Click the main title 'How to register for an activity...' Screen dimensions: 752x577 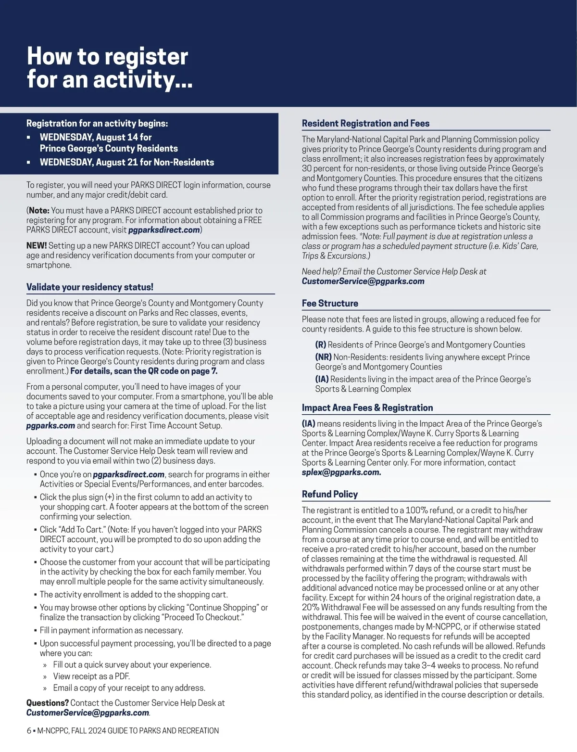pos(109,67)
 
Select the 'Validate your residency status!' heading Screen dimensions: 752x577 pos(90,287)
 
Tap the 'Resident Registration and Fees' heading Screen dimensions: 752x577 pos(365,124)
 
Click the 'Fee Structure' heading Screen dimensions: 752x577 pos(330,304)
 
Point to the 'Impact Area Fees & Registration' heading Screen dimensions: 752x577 pos(367,408)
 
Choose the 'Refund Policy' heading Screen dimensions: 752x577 pos(330,494)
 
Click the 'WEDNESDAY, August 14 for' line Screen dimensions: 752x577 pos(96,137)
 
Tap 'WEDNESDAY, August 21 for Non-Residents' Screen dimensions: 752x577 pos(127,162)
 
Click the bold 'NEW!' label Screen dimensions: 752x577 pos(37,246)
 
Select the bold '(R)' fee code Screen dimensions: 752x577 pos(321,345)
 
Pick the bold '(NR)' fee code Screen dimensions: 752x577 pos(323,357)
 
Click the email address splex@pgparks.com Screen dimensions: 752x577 pos(341,472)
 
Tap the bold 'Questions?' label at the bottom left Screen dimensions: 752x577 pos(47,703)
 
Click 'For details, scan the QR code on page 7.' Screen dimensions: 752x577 pos(144,371)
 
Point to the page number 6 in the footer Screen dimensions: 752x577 pos(29,731)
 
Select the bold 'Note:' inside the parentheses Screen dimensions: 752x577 pos(39,210)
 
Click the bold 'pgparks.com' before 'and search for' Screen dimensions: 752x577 pos(50,426)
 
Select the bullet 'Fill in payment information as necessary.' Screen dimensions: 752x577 pos(111,630)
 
